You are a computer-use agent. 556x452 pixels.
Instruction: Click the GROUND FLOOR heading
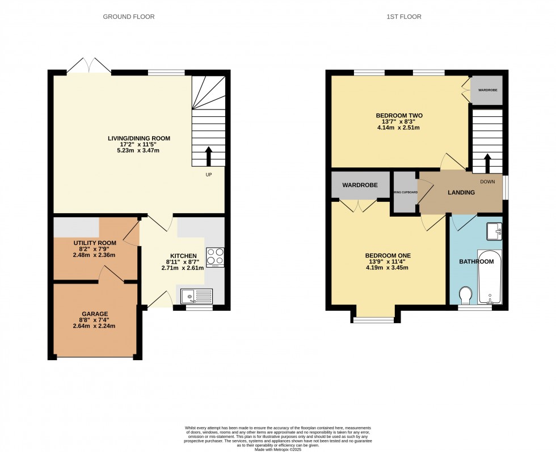128,17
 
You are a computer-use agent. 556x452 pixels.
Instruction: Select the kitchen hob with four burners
215,257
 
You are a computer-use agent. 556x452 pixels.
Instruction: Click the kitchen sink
196,296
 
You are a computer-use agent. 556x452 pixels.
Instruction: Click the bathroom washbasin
494,231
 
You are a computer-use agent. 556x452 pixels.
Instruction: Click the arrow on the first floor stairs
487,162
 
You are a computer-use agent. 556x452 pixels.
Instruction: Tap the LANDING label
461,193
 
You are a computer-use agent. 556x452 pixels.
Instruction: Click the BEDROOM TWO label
399,116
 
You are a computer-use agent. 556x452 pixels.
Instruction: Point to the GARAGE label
95,314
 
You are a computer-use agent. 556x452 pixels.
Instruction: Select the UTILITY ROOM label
95,243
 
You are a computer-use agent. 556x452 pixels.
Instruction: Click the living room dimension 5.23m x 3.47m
139,150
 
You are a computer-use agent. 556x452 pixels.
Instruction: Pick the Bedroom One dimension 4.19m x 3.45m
387,268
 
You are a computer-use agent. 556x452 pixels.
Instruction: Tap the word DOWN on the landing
487,182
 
